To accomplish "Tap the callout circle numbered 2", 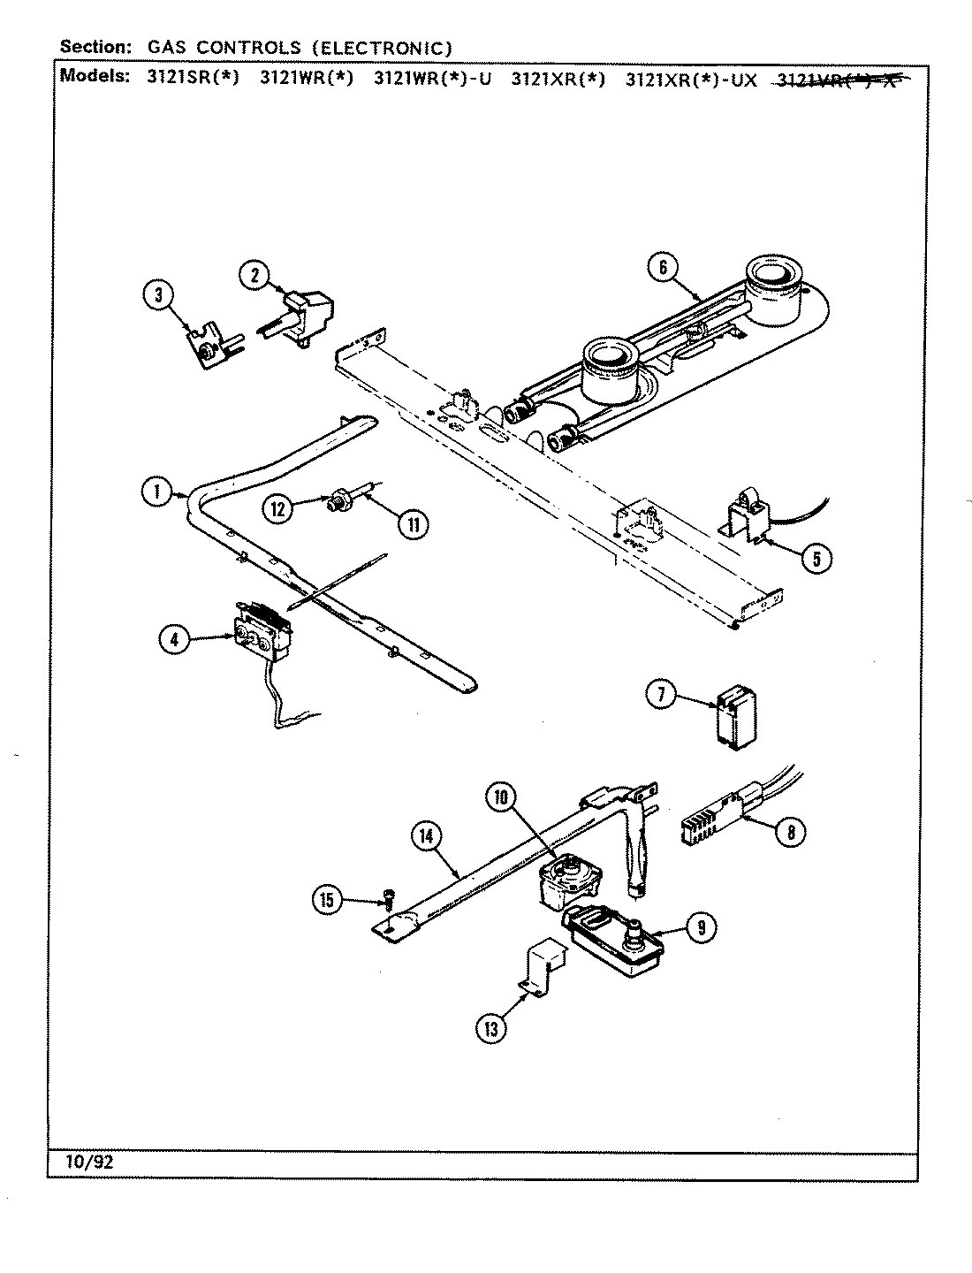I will [254, 275].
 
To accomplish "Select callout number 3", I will [159, 297].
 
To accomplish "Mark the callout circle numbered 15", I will [327, 901].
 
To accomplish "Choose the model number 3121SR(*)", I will [193, 77].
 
